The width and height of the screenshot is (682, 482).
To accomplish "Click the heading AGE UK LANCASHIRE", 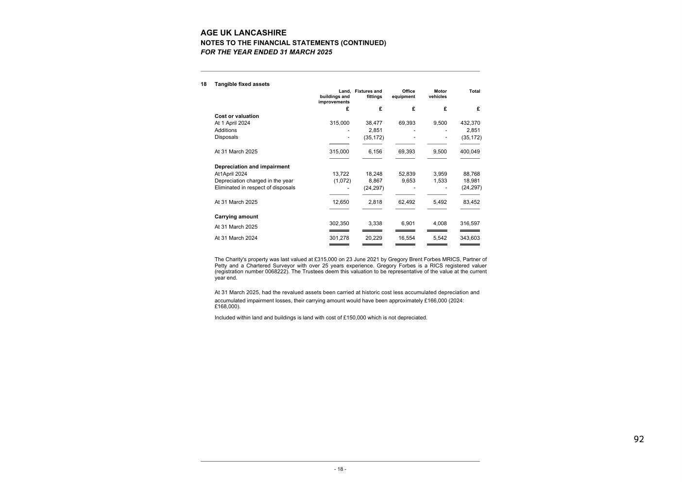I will click(243, 33).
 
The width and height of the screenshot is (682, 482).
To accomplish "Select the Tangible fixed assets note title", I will click(242, 84).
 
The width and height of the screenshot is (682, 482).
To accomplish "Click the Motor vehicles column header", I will click(438, 94).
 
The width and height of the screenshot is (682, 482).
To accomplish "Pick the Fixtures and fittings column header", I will click(369, 94).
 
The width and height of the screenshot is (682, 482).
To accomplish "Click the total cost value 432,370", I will click(470, 123).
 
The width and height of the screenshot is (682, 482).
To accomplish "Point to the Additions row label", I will click(226, 130).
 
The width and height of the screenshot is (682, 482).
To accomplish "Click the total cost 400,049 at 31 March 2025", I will click(470, 151).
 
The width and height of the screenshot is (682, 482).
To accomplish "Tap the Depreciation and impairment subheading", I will click(252, 166).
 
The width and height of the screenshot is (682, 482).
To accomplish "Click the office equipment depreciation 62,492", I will click(407, 202).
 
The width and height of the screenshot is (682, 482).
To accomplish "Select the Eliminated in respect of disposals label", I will click(255, 188).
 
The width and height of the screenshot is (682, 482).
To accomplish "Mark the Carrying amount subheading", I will click(237, 216).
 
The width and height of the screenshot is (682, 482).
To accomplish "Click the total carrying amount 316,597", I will click(470, 224).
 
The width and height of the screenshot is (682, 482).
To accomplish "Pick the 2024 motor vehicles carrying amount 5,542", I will click(440, 238).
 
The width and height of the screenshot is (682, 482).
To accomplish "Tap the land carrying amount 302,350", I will click(339, 224).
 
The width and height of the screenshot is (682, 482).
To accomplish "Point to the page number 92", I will click(639, 439).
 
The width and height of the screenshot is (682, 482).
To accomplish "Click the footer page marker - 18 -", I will click(340, 469).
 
